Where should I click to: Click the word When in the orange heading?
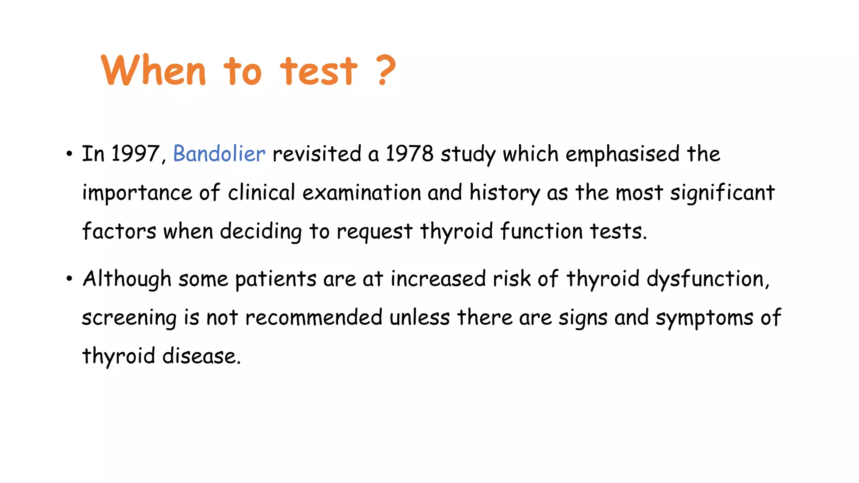(x=154, y=70)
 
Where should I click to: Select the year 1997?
(x=135, y=153)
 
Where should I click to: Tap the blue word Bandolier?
(x=219, y=153)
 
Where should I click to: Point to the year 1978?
(x=409, y=153)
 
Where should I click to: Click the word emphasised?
(x=622, y=154)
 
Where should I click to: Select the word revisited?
(x=317, y=153)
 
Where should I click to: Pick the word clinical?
(x=262, y=192)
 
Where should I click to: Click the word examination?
(x=362, y=192)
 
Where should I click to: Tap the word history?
(x=505, y=193)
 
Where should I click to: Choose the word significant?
(x=722, y=193)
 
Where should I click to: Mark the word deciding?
(x=260, y=232)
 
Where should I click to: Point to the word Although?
(x=127, y=279)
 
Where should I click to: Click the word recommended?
(x=314, y=317)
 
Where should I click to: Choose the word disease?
(x=201, y=356)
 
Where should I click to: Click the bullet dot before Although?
(x=69, y=279)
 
